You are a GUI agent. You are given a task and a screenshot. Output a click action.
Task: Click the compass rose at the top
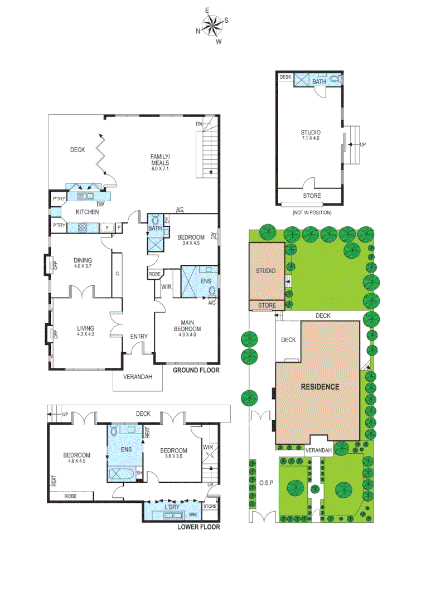pos(212,26)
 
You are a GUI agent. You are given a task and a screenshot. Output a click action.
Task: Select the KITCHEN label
pos(88,212)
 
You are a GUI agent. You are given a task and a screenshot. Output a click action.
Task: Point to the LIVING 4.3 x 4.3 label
pos(86,331)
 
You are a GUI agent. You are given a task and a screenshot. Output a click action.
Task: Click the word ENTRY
pos(139,336)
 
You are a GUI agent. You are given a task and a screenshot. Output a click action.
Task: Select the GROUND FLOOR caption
pos(196,370)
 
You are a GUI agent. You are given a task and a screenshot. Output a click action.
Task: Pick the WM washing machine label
pos(191,514)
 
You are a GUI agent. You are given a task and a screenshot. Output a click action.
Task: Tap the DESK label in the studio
pos(285,77)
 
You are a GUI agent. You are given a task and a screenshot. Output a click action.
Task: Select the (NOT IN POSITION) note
pos(311,212)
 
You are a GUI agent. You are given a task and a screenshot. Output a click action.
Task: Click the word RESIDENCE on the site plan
pos(320,386)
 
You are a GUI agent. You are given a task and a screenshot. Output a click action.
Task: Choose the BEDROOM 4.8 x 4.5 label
pos(76,458)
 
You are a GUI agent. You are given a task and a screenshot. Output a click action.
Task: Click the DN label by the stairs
pos(199,124)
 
